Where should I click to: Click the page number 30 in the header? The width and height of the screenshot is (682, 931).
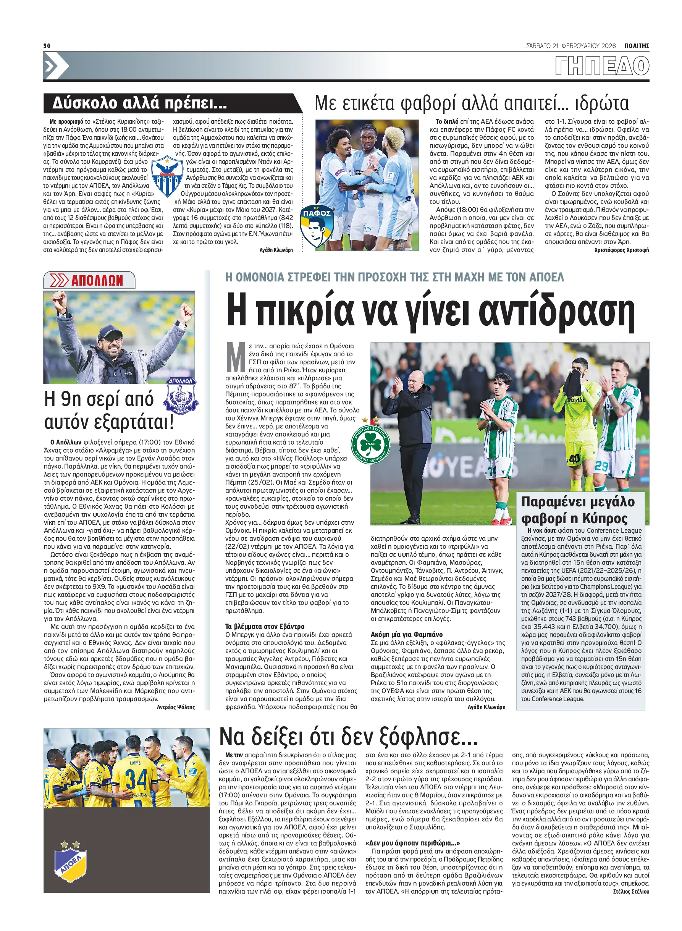(x=47, y=45)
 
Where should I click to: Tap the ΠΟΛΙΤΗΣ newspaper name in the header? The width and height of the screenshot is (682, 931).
(x=636, y=46)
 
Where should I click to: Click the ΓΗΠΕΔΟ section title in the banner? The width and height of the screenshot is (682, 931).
(x=602, y=66)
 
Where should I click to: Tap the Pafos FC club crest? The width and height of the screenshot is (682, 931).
(x=317, y=226)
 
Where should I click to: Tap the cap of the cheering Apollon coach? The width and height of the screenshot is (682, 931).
(x=111, y=331)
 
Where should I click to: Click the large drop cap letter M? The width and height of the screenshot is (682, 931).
(x=236, y=357)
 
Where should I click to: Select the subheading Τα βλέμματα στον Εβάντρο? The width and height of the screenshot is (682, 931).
(x=265, y=626)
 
